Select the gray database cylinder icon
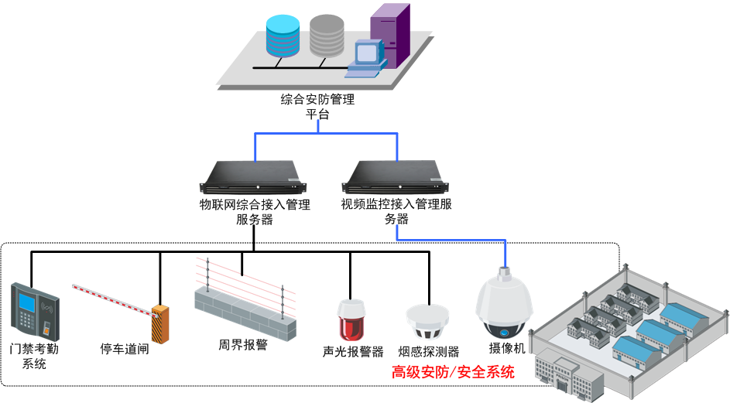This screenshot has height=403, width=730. click(326, 35)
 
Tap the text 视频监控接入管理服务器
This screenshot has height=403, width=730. click(396, 212)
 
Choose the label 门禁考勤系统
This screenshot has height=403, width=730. click(35, 357)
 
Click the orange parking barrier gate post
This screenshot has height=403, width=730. click(160, 323)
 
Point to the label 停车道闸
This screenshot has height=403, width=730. click(124, 347)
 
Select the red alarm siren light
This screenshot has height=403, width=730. click(351, 319)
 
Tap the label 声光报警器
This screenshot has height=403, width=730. click(353, 352)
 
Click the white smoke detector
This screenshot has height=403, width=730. click(428, 319)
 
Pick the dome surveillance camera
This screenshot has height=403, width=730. click(504, 302)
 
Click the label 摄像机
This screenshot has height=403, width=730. click(507, 348)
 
